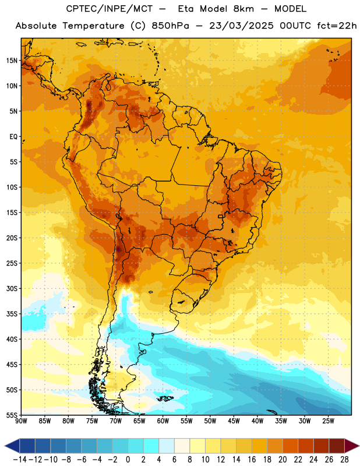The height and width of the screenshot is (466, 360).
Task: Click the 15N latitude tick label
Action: click(12, 61)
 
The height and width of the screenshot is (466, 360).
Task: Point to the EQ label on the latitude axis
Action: click(13, 137)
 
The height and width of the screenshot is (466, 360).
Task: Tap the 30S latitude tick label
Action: click(12, 288)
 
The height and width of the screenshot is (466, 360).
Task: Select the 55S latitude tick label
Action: click(12, 415)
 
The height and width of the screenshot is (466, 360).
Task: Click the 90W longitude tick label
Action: click(21, 421)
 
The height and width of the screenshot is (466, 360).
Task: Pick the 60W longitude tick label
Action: click(163, 421)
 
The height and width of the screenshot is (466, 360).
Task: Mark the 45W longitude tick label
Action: click(234, 421)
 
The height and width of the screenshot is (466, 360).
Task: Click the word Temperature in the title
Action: click(93, 26)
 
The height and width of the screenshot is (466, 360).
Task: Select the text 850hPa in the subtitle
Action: click(170, 26)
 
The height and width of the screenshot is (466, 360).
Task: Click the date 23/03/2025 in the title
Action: click(241, 26)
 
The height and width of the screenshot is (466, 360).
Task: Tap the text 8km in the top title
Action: click(243, 9)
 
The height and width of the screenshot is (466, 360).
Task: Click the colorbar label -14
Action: click(20, 460)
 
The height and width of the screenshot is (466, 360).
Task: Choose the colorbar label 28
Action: click(344, 460)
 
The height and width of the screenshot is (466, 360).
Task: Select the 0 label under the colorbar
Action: click(128, 460)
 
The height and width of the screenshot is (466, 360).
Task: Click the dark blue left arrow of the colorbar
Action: click(12, 446)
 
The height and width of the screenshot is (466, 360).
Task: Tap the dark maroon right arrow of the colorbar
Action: click(352, 446)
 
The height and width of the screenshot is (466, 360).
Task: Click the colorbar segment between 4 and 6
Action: click(167, 446)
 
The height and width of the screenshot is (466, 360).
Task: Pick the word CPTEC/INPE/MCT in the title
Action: click(109, 9)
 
